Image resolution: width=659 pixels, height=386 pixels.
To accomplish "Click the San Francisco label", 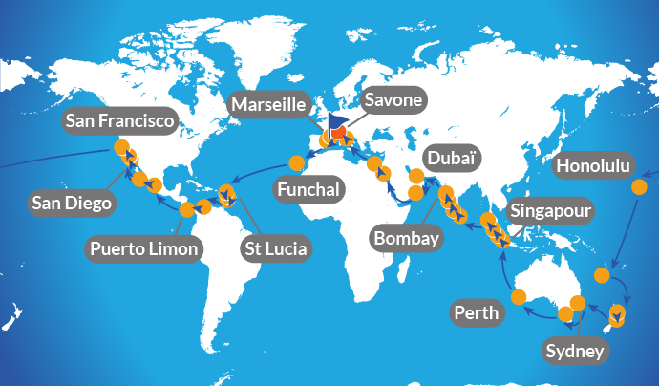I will click(x=121, y=121).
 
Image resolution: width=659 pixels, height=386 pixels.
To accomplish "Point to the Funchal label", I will click(x=308, y=189).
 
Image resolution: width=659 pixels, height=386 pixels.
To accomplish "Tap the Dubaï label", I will click(x=450, y=156).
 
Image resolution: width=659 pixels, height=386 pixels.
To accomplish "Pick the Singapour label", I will click(x=552, y=210).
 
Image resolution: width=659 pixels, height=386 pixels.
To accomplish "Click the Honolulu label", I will click(x=593, y=166).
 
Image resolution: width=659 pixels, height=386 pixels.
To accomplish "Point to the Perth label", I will click(x=475, y=311).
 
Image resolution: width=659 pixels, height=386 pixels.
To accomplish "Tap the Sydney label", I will click(x=575, y=352).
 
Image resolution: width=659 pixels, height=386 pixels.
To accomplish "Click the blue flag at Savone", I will click(x=335, y=124).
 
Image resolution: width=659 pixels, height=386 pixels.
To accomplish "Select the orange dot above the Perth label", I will click(x=519, y=296).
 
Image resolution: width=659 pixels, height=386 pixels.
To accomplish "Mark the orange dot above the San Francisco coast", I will click(x=121, y=147).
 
